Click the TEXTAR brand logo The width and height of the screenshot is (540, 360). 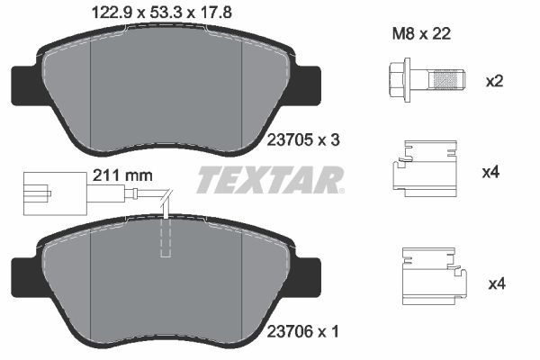click(270, 180)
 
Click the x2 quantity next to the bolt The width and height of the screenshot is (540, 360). click(493, 81)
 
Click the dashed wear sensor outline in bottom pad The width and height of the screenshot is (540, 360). click(165, 236)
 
